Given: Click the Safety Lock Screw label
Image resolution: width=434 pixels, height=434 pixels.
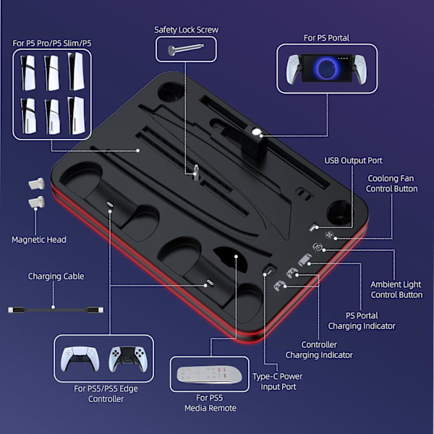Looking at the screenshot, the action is [187, 30].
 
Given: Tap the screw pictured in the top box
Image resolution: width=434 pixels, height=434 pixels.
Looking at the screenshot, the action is [186, 49].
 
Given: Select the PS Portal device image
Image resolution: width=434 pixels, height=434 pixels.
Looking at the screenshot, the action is [326, 69].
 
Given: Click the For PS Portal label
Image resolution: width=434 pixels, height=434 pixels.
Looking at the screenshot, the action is [326, 38].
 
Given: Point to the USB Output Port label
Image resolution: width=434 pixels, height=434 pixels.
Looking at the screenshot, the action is [353, 161].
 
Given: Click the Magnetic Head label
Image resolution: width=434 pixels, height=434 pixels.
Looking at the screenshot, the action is [39, 239].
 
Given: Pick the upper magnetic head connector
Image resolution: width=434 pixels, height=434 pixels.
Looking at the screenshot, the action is [37, 184].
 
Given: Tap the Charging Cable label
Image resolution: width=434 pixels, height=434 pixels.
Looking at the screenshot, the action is [56, 276].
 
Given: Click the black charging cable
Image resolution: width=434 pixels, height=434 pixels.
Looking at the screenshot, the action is [56, 310].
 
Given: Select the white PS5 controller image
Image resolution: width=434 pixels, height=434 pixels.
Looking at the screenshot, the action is [80, 359].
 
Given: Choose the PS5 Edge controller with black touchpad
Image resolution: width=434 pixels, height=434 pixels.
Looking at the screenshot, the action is [128, 359].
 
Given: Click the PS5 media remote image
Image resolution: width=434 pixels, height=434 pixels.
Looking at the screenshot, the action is [209, 375].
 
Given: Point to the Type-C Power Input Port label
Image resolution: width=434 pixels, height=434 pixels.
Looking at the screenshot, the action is [278, 381].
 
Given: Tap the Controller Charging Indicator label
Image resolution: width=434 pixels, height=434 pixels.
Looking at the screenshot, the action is [319, 350].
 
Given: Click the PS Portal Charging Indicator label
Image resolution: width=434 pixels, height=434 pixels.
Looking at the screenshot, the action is [362, 320].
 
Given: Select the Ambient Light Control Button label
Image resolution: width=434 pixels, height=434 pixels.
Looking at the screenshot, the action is [396, 289].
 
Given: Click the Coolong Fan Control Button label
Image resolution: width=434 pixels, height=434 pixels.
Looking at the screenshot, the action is [391, 184].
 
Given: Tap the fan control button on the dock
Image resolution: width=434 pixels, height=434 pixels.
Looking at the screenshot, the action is [329, 235].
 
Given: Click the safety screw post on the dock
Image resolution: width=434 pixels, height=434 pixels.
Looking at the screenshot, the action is [196, 172].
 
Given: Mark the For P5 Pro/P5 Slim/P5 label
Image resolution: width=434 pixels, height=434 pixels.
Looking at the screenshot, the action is [52, 43].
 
